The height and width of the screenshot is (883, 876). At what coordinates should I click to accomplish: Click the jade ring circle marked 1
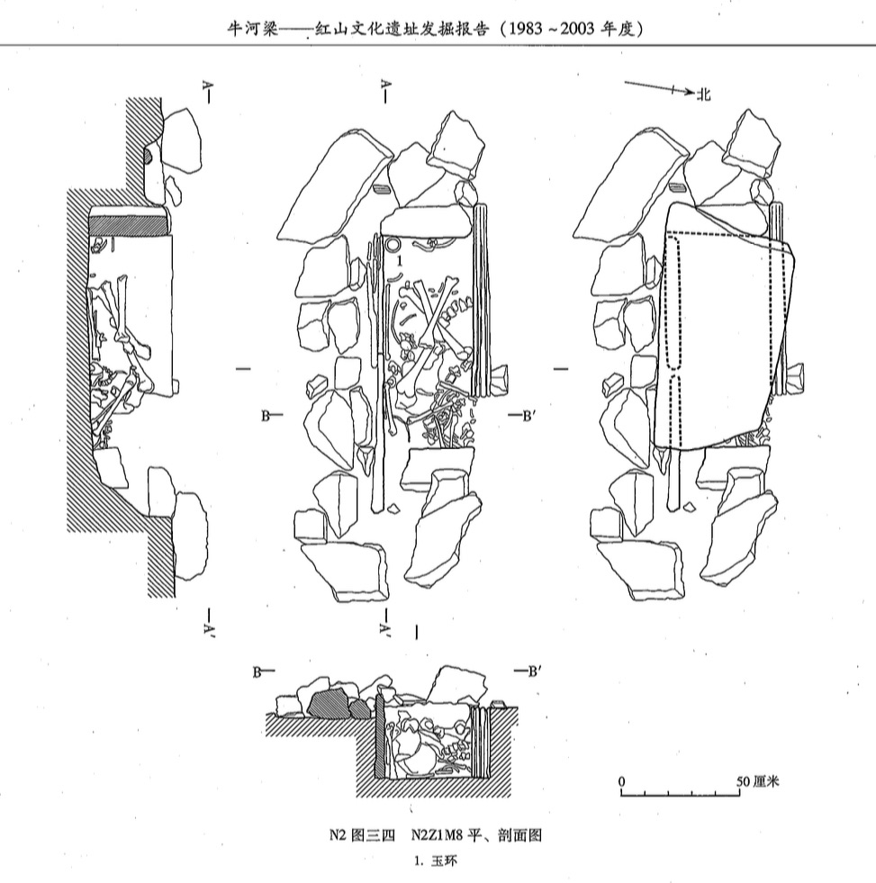pyautogui.click(x=393, y=245)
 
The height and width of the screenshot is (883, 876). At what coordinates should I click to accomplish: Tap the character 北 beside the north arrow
pyautogui.click(x=703, y=93)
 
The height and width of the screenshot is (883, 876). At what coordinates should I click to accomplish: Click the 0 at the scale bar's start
pyautogui.click(x=621, y=780)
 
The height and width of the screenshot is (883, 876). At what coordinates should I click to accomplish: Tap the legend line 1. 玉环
pyautogui.click(x=437, y=860)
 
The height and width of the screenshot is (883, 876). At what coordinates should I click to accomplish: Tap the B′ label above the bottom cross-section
pyautogui.click(x=531, y=671)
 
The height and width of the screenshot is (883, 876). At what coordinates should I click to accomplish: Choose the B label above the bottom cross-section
pyautogui.click(x=257, y=671)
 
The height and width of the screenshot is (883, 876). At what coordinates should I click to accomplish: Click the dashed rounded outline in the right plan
pyautogui.click(x=674, y=302)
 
